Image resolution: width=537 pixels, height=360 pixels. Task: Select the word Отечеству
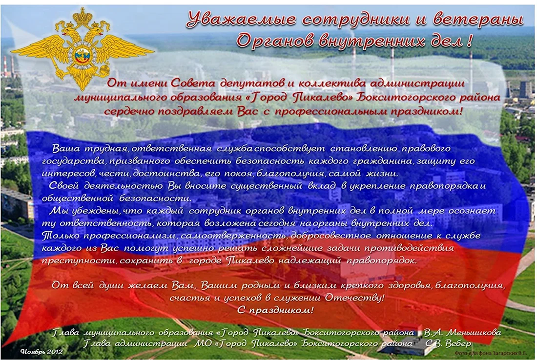click(x=354, y=298)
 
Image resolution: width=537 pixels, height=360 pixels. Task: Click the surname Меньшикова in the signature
click(x=474, y=332)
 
